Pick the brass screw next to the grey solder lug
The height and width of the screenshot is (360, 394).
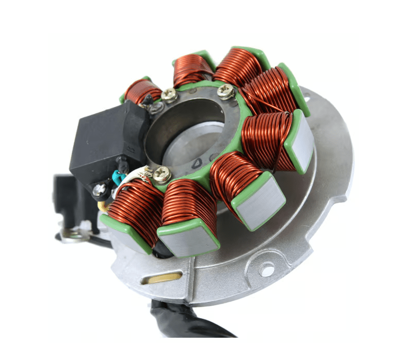pyautogui.click(x=169, y=95)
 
